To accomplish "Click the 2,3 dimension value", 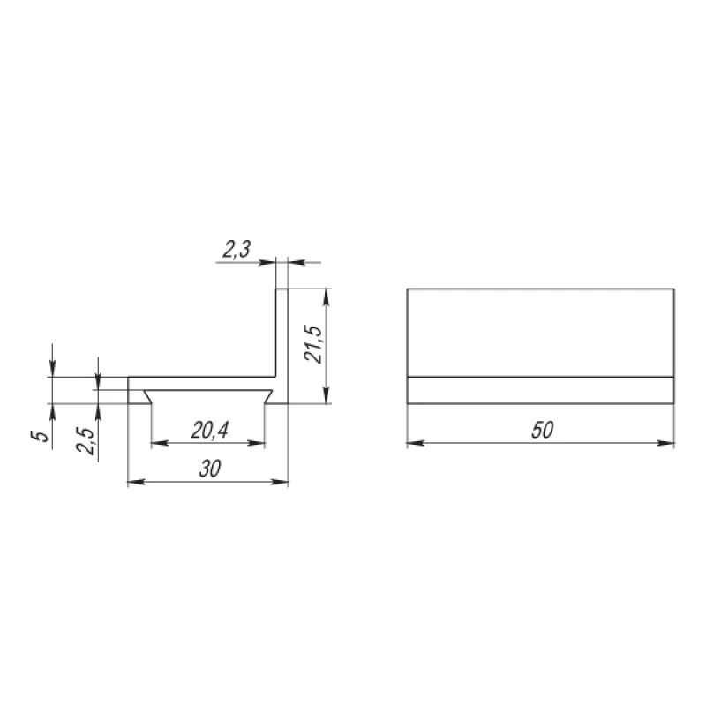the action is point(237,250).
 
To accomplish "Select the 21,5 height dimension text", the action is point(313,344).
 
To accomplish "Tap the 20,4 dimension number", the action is point(209,431).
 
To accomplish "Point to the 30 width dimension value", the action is point(210,469).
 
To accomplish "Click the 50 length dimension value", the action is point(542,430).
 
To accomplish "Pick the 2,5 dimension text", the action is point(85,440).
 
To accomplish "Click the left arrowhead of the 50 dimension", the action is point(415,443).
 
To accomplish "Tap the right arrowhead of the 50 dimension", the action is point(666,443).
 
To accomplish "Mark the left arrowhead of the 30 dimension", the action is point(137,482).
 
